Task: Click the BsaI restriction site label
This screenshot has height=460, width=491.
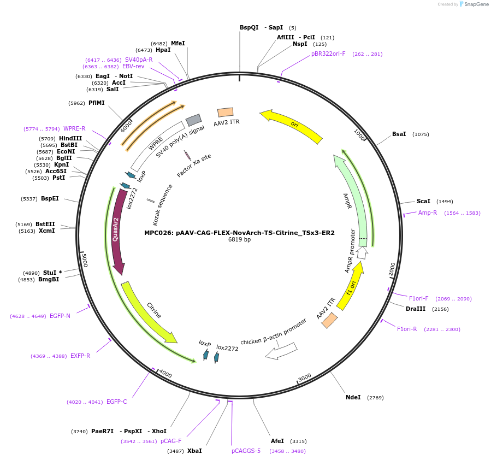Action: (399, 134)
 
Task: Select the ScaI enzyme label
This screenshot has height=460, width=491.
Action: (423, 202)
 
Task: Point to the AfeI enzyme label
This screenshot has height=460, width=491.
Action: (277, 441)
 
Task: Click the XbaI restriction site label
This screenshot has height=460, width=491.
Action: (194, 451)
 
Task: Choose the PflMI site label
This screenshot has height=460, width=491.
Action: (96, 103)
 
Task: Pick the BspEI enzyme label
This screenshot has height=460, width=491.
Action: (50, 198)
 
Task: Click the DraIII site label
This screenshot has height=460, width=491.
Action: (416, 309)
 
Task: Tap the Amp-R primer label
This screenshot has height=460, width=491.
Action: (428, 213)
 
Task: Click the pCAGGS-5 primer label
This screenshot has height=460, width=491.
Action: (246, 451)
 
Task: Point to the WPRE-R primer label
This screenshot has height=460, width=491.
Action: (74, 128)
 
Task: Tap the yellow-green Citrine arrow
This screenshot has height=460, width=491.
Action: (148, 312)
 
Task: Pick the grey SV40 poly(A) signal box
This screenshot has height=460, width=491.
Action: (193, 120)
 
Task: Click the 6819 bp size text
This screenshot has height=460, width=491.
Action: (239, 240)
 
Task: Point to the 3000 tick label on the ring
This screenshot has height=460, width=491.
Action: (304, 377)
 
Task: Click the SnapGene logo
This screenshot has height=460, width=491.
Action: (474, 4)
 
